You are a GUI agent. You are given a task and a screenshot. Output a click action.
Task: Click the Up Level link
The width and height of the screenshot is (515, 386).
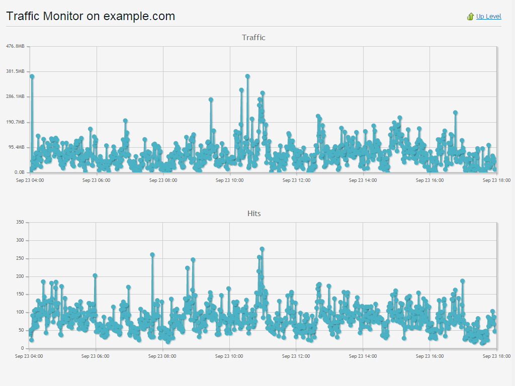[488, 17]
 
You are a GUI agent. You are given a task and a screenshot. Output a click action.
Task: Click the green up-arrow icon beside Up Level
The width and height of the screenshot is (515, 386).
[470, 17]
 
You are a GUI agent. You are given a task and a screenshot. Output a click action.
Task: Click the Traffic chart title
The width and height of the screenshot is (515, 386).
[253, 38]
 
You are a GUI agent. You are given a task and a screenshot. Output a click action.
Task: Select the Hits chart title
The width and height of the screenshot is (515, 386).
[254, 214]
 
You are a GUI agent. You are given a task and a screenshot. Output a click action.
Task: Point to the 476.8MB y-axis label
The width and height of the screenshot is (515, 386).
[15, 46]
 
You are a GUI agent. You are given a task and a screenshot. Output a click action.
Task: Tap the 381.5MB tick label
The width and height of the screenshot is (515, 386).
[15, 71]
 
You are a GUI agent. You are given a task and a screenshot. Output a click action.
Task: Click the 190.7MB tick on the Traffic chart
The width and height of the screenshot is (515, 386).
[15, 122]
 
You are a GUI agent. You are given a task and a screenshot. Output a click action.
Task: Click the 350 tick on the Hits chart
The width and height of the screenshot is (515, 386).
[20, 222]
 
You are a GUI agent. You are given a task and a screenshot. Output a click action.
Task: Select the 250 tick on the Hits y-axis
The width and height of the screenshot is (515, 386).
[20, 258]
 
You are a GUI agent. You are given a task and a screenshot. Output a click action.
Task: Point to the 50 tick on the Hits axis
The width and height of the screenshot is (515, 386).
[22, 330]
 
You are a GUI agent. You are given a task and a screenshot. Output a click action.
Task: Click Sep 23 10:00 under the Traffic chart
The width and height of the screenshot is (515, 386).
[229, 180]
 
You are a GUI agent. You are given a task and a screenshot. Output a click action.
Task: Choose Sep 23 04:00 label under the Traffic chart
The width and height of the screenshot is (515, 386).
[30, 180]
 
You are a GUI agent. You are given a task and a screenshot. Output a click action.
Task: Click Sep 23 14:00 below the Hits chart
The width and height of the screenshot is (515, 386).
[363, 356]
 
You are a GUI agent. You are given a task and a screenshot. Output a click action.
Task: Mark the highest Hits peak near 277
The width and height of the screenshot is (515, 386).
[262, 249]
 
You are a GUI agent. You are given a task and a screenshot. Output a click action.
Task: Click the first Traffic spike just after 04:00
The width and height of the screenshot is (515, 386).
[32, 76]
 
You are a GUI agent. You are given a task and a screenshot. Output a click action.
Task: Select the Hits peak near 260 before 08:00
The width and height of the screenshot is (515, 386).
[152, 255]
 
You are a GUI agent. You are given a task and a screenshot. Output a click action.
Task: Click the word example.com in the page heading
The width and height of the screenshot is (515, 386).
[139, 16]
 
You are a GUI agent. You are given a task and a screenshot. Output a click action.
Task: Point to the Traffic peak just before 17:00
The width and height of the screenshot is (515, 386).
[455, 113]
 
